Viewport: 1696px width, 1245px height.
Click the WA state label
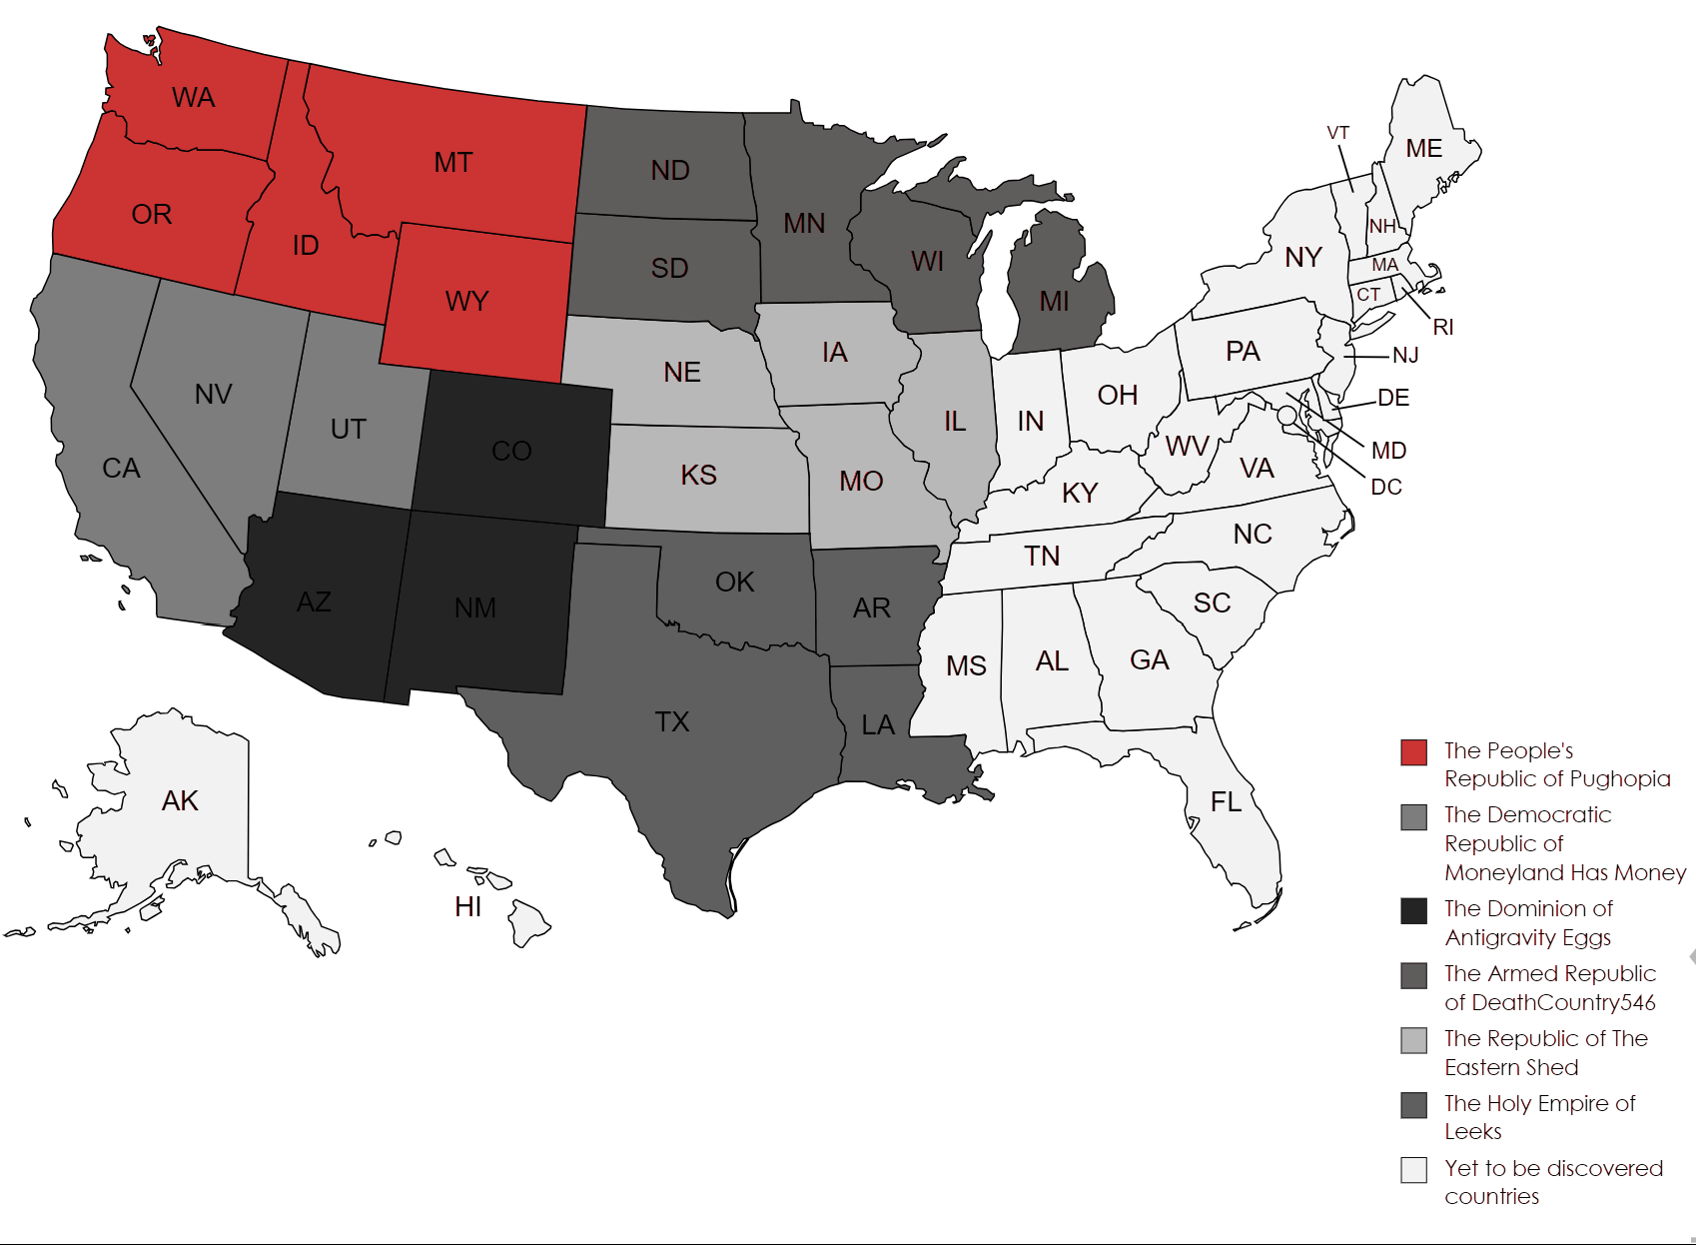click(193, 98)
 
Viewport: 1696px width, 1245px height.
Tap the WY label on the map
click(466, 301)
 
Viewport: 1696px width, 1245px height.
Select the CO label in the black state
click(511, 451)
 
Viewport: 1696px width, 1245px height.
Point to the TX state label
click(672, 721)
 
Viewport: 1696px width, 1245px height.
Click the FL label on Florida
click(1226, 801)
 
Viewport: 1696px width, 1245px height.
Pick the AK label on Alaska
click(180, 800)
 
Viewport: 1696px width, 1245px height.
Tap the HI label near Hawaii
click(467, 906)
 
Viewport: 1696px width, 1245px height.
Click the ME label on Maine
click(1423, 149)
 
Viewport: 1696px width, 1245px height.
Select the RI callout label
click(1442, 327)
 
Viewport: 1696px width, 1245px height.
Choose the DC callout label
click(1385, 487)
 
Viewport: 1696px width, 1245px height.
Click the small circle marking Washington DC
click(1286, 415)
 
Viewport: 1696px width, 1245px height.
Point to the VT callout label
click(1337, 133)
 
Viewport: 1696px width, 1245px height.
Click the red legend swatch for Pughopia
click(1413, 752)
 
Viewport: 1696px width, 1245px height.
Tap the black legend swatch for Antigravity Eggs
click(1413, 910)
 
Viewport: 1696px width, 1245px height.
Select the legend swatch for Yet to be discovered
click(1413, 1170)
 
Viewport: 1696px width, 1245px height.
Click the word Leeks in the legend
click(1472, 1131)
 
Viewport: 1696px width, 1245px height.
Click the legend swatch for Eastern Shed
click(1413, 1040)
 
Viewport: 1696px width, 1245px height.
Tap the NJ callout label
click(1404, 355)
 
